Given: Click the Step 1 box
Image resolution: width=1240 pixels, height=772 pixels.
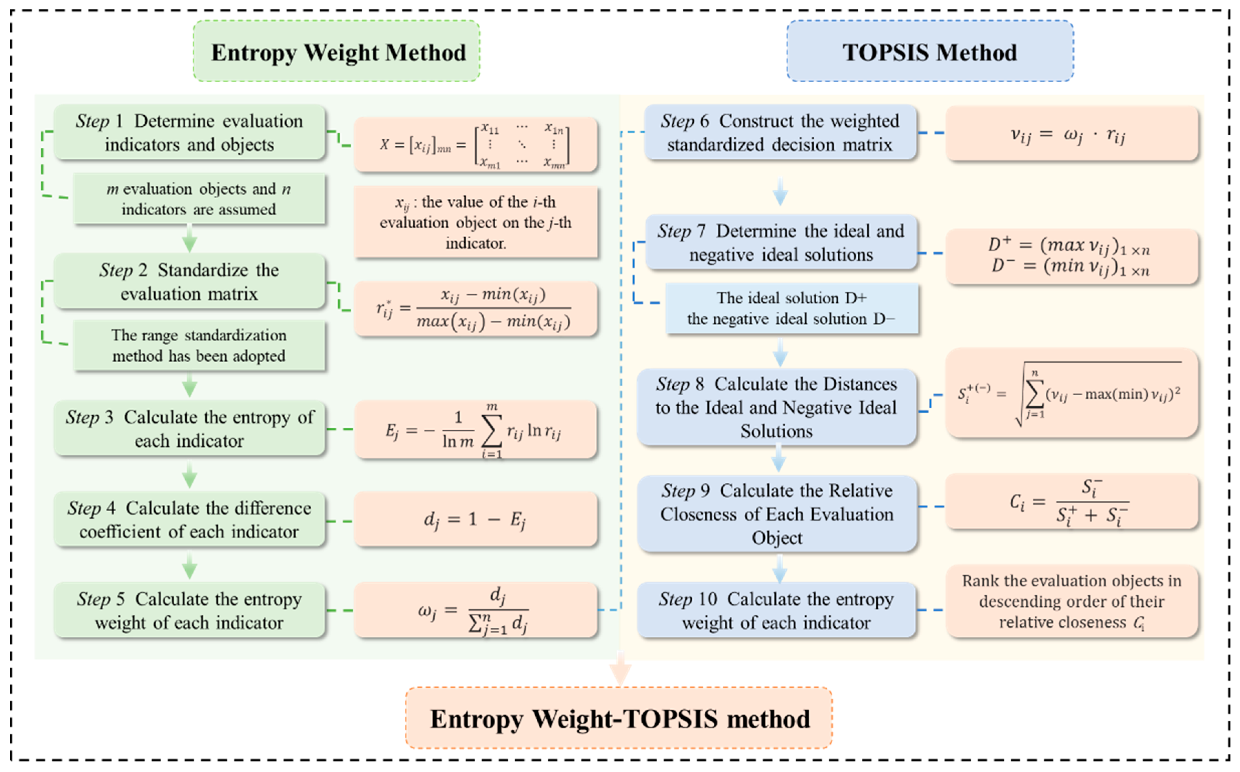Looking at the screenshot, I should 189,132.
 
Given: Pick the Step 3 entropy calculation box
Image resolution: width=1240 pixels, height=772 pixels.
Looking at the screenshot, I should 189,428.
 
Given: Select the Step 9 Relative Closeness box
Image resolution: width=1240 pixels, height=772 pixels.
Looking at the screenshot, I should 776,514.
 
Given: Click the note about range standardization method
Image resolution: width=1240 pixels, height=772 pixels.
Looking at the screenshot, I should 199,345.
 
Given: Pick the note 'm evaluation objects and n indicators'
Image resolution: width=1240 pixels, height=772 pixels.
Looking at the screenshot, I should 199,199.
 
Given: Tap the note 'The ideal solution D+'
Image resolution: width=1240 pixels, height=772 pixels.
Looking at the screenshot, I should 791,308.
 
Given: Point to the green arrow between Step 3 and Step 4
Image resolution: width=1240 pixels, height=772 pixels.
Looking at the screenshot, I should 189,475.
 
